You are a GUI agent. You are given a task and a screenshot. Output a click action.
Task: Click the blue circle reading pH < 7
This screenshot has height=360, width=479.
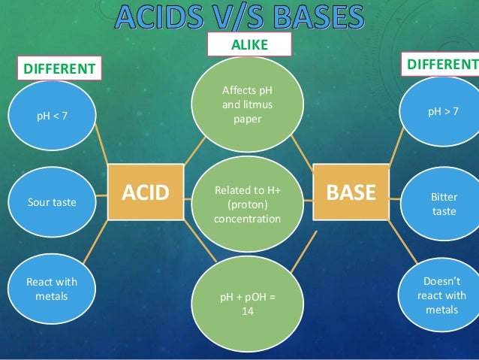click(52, 116)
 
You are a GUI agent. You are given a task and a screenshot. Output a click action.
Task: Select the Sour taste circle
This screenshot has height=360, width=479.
click(52, 202)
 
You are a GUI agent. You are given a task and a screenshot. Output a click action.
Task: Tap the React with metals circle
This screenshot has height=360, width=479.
click(52, 289)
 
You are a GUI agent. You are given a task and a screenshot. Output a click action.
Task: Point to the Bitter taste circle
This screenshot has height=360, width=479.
click(444, 204)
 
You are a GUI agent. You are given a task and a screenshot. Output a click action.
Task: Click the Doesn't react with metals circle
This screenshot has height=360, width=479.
click(444, 295)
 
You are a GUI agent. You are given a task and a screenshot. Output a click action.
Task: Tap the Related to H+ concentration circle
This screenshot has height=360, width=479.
click(247, 204)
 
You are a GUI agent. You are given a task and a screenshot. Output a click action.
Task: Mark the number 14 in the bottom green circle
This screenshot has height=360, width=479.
click(247, 311)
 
